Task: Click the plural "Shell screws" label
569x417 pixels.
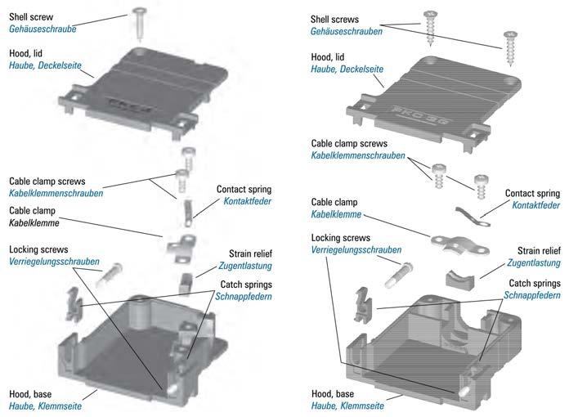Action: click(338, 18)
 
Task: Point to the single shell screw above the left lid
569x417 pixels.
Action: click(141, 20)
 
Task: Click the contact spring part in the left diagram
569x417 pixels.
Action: click(187, 214)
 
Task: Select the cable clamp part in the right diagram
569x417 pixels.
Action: click(455, 243)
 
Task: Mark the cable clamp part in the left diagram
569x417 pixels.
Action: click(181, 244)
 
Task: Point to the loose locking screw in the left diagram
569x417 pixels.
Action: click(110, 274)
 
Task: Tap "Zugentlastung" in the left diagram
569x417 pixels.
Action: click(244, 266)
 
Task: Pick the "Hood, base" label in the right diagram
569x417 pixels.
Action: click(337, 394)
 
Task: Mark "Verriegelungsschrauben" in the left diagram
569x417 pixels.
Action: click(54, 262)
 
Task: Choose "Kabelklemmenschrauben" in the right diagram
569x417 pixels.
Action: click(357, 155)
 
